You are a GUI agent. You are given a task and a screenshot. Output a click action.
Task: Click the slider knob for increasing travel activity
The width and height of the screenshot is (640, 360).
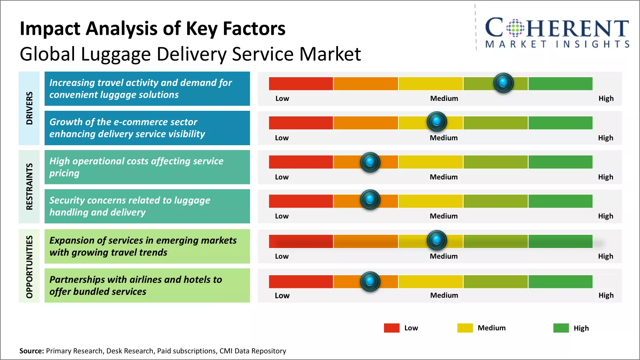pyautogui.click(x=503, y=83)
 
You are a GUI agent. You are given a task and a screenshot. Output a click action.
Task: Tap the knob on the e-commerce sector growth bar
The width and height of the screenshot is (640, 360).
pyautogui.click(x=437, y=121)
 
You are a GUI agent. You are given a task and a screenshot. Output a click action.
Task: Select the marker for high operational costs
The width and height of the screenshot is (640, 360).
pyautogui.click(x=370, y=162)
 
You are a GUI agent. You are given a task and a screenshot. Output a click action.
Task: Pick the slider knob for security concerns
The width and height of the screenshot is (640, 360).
pyautogui.click(x=370, y=199)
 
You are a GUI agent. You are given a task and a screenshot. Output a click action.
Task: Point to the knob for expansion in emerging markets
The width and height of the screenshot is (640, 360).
pyautogui.click(x=437, y=240)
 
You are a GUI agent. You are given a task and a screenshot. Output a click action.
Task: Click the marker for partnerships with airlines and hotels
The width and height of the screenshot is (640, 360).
pyautogui.click(x=370, y=281)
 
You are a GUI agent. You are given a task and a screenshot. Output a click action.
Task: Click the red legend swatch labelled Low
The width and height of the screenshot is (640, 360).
pyautogui.click(x=392, y=328)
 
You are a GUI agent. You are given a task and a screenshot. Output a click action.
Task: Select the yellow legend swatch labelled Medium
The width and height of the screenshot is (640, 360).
pyautogui.click(x=465, y=328)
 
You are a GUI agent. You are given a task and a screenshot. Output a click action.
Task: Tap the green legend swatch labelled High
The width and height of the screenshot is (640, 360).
pyautogui.click(x=561, y=328)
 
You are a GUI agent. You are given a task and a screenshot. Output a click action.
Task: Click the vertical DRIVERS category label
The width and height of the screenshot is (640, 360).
pyautogui.click(x=29, y=108)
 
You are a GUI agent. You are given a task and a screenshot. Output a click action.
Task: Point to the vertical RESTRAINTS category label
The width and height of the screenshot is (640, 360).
pyautogui.click(x=29, y=186)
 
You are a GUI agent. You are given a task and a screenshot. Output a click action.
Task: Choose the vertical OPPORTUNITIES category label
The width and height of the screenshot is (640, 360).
pyautogui.click(x=29, y=266)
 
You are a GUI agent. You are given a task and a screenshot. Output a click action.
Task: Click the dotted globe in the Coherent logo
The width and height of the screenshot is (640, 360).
pyautogui.click(x=515, y=28)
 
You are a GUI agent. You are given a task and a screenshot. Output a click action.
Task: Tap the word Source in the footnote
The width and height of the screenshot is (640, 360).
pyautogui.click(x=31, y=351)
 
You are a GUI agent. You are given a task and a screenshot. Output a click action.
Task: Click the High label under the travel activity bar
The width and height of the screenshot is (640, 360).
pyautogui.click(x=606, y=98)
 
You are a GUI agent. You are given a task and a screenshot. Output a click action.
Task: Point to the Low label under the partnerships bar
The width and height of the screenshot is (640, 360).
pyautogui.click(x=282, y=296)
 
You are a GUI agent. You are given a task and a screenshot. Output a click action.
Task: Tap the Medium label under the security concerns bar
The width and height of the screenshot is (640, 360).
pyautogui.click(x=444, y=216)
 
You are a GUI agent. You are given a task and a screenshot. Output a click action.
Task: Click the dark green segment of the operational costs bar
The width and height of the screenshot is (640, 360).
pyautogui.click(x=560, y=162)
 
